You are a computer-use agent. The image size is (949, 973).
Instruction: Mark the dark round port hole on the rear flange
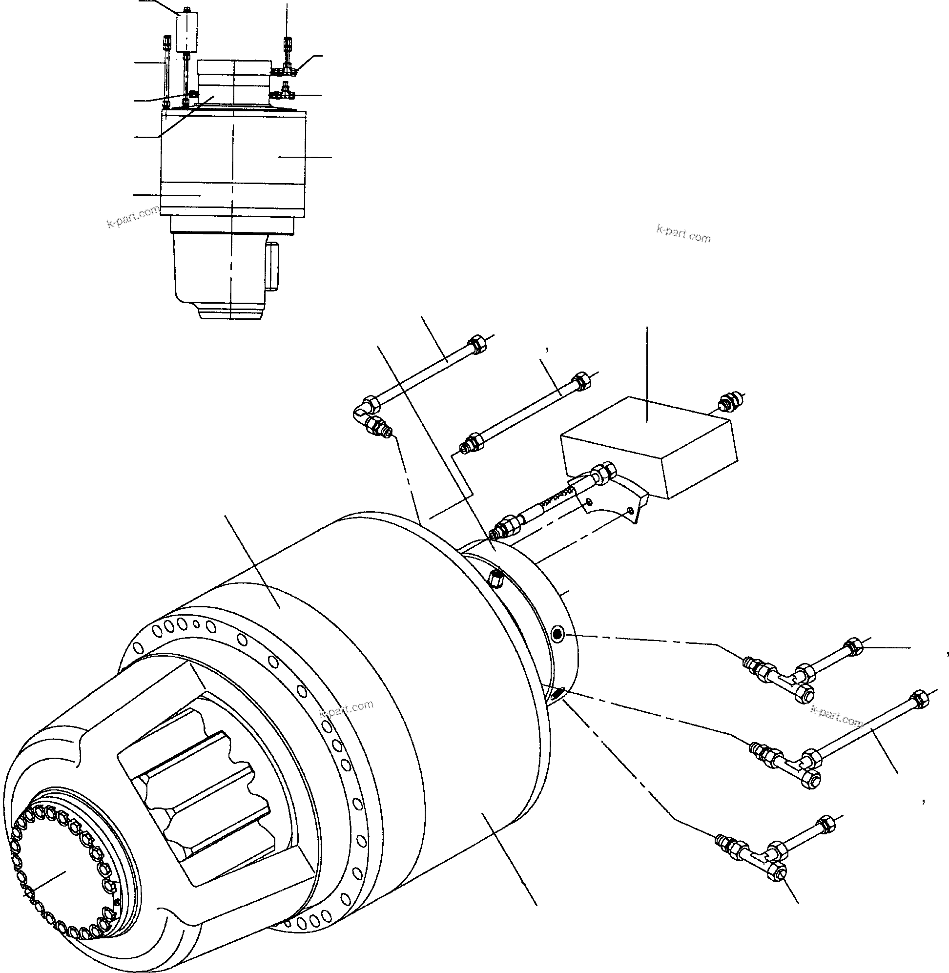557,635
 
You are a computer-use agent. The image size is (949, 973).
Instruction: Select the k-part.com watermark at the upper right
683,233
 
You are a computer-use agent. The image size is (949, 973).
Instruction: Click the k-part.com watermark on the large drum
346,711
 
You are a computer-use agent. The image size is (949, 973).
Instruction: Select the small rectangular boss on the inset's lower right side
273,266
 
